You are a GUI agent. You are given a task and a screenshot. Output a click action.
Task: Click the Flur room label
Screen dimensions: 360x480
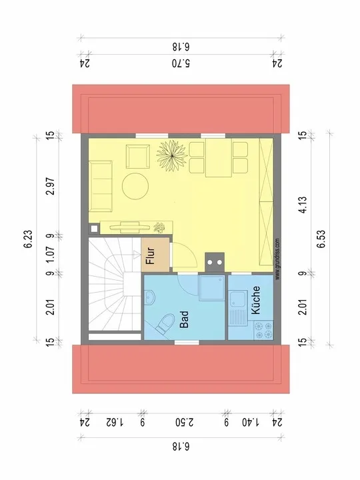pyautogui.click(x=150, y=255)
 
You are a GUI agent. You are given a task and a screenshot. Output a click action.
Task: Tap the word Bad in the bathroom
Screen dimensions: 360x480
pyautogui.click(x=184, y=319)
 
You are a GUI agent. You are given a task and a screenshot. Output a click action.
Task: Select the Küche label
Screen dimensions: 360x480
pyautogui.click(x=255, y=300)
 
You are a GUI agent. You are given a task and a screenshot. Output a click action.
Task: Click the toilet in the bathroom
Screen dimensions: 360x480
pyautogui.click(x=165, y=323)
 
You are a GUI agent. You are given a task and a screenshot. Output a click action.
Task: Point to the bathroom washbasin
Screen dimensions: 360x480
pyautogui.click(x=150, y=297)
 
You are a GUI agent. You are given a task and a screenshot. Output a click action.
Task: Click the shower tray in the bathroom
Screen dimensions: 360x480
pyautogui.click(x=211, y=289)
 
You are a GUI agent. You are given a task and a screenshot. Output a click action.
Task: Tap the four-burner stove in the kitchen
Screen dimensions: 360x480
pyautogui.click(x=263, y=330)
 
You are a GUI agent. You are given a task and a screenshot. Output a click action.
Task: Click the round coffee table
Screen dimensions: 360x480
pyautogui.click(x=135, y=186)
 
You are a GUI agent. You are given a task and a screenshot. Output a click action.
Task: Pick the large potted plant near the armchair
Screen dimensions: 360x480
pyautogui.click(x=171, y=155)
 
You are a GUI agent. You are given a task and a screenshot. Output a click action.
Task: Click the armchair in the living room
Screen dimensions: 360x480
pyautogui.click(x=138, y=157)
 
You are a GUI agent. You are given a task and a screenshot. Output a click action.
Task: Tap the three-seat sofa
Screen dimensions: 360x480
pyautogui.click(x=101, y=186)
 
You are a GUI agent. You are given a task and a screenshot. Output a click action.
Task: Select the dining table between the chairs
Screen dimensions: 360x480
pyautogui.click(x=219, y=157)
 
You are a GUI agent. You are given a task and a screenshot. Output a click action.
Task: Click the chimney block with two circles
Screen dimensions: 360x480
pyautogui.click(x=215, y=262)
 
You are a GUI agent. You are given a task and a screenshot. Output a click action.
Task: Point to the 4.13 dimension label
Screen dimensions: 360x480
pyautogui.click(x=303, y=205)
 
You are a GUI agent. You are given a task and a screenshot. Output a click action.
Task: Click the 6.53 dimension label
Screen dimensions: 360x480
pyautogui.click(x=322, y=239)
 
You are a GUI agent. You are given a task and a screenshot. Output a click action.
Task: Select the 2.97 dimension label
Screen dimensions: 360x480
pyautogui.click(x=51, y=186)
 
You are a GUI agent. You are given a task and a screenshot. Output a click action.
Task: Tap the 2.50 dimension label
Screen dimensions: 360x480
pyautogui.click(x=185, y=423)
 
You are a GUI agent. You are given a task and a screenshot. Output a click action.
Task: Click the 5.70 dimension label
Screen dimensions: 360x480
pyautogui.click(x=181, y=64)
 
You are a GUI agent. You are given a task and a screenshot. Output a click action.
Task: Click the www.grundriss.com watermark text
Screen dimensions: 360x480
pyautogui.click(x=277, y=259)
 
